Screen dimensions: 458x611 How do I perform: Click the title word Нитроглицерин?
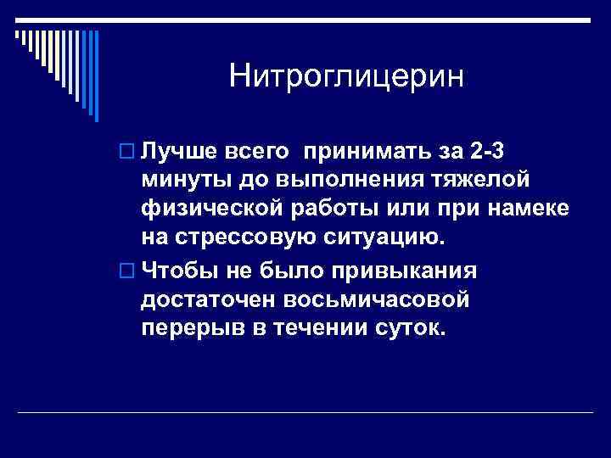click(x=347, y=78)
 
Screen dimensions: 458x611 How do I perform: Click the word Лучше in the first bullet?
click(x=174, y=151)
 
